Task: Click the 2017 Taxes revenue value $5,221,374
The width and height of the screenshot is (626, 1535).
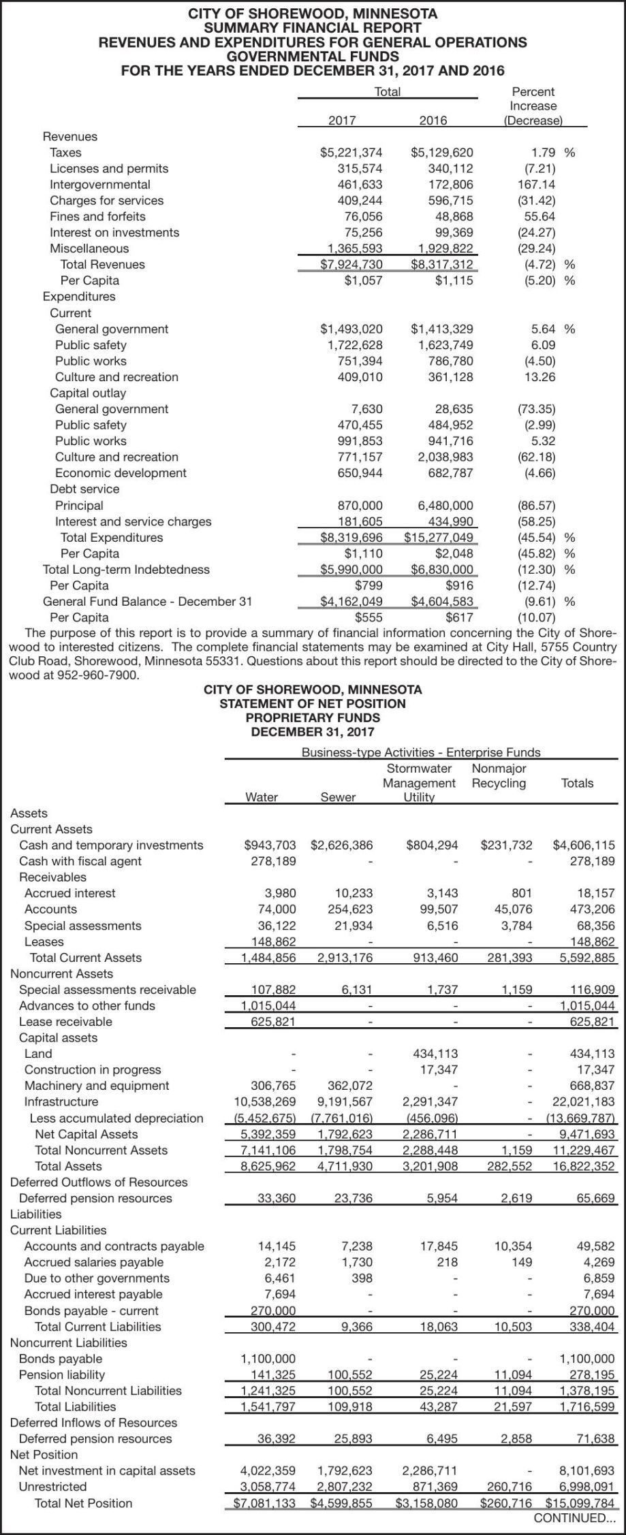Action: (x=351, y=152)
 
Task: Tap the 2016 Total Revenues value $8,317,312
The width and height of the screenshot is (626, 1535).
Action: (x=441, y=264)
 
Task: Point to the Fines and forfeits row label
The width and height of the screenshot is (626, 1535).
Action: (x=97, y=216)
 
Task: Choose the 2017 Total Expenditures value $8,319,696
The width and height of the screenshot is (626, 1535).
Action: (x=351, y=538)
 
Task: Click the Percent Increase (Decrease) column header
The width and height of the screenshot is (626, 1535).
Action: (x=533, y=106)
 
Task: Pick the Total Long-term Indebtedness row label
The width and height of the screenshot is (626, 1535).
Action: (x=126, y=570)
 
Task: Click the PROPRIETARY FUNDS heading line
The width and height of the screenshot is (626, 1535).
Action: (x=313, y=717)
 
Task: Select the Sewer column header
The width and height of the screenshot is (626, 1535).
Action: (x=338, y=797)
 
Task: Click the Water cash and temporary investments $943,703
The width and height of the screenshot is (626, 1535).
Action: (x=270, y=845)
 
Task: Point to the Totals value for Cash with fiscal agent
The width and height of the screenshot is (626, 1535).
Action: (x=591, y=861)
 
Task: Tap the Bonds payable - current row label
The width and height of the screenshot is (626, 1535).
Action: (x=91, y=1311)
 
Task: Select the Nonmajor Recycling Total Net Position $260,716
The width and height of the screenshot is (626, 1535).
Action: (x=506, y=1503)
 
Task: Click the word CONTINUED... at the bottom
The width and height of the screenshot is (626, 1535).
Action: (x=574, y=1518)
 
